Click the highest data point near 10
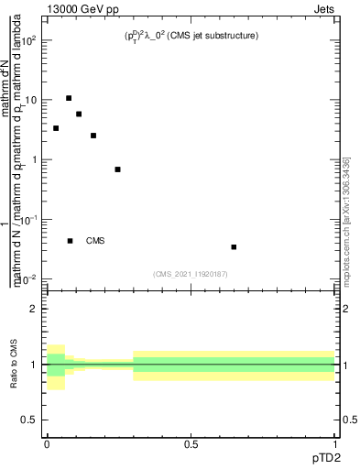click(69, 98)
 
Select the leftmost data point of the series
click(56, 128)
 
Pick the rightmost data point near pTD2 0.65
click(235, 246)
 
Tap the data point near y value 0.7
click(117, 169)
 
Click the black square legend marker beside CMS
click(71, 241)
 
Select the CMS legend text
click(95, 241)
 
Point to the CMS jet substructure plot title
click(191, 36)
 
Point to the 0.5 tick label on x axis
click(191, 445)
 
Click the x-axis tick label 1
click(336, 445)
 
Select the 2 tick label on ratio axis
click(34, 309)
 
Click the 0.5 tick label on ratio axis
click(30, 420)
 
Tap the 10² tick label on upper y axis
click(29, 41)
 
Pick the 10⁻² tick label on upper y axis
click(29, 278)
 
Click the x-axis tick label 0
click(47, 445)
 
